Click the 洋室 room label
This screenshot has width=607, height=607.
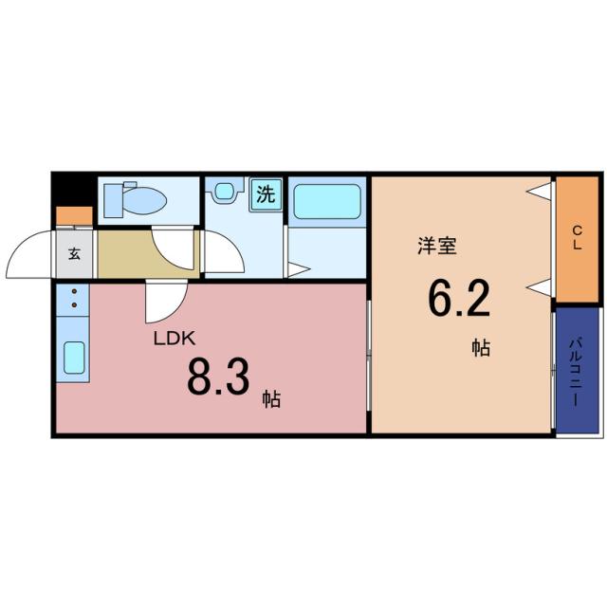pos(437,246)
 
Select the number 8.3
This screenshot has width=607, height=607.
pos(218,376)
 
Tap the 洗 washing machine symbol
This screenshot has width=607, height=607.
pos(267,195)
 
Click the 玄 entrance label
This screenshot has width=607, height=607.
pos(75,253)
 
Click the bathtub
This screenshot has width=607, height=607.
pos(326,203)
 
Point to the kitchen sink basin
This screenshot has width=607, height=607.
pos(74,359)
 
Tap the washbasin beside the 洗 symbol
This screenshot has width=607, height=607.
pos(225,191)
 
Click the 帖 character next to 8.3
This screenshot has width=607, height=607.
pos(272,399)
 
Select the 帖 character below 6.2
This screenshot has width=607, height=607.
pos(482,348)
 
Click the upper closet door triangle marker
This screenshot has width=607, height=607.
pos(540,193)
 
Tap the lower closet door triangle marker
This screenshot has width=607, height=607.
pos(540,285)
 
